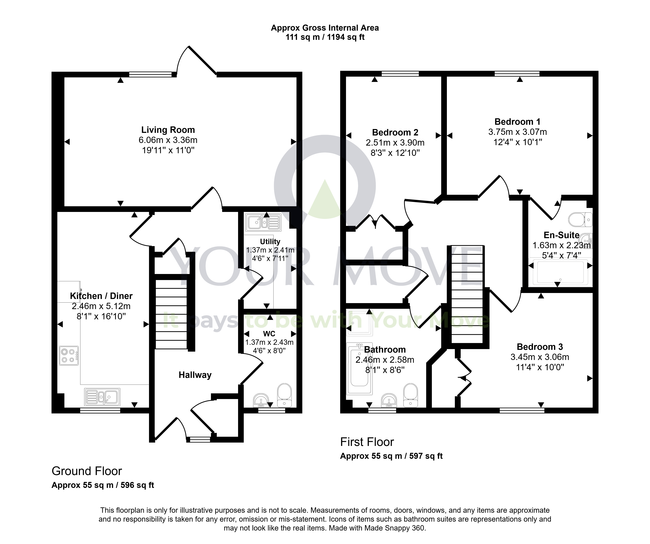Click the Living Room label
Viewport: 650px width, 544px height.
point(168,130)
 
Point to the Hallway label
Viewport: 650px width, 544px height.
point(195,375)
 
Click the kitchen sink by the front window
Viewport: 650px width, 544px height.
point(102,397)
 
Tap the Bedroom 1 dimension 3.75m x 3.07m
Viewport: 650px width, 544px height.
point(518,132)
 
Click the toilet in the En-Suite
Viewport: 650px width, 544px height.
point(580,219)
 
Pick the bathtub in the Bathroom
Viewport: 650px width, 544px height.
point(359,368)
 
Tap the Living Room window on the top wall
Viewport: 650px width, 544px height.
point(150,74)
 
